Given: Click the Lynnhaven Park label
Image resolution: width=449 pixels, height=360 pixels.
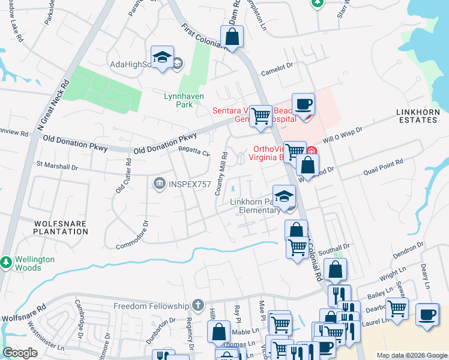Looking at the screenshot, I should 184,100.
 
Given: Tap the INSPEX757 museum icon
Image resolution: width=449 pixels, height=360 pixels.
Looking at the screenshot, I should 159,182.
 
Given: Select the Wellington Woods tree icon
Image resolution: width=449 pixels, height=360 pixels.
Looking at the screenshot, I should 6,262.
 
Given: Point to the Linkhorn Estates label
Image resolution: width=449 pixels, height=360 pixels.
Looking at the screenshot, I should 417,116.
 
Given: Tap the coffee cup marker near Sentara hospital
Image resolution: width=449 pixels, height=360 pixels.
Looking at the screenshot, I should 303,104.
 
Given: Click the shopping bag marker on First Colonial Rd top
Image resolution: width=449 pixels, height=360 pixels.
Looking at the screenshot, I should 232,37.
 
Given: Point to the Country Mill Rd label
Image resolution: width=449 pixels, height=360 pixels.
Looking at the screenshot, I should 221,173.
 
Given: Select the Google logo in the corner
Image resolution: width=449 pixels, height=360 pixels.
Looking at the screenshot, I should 20,353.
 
